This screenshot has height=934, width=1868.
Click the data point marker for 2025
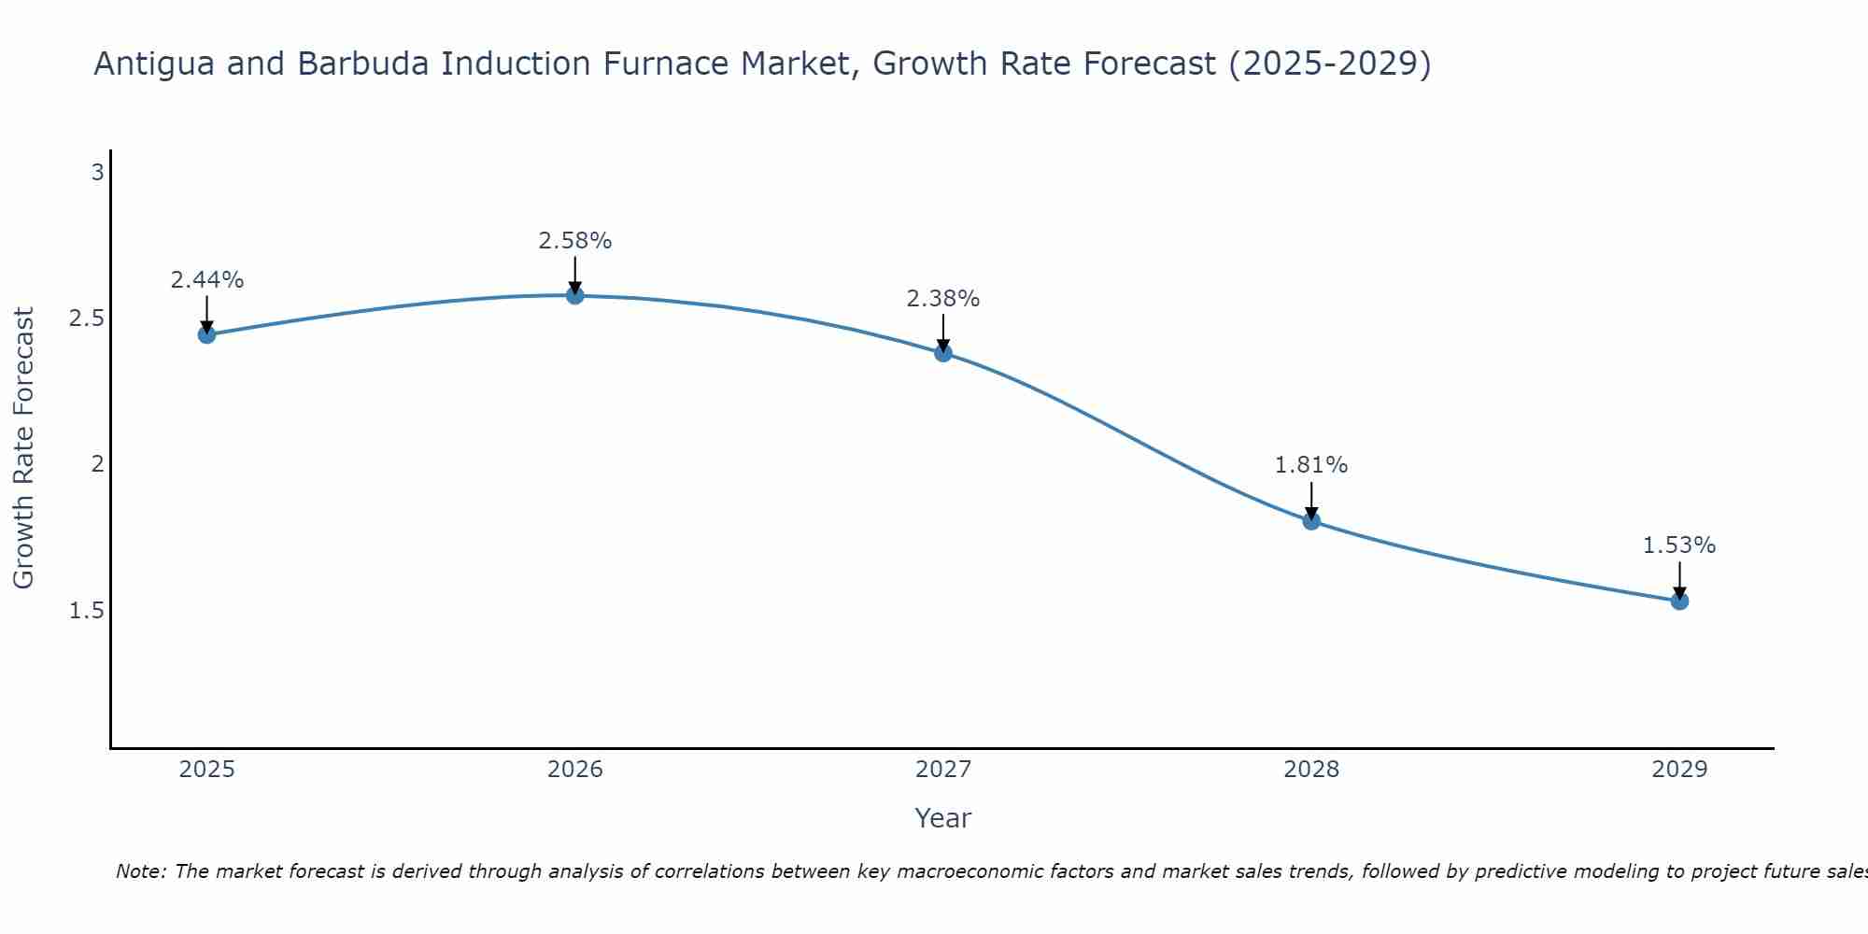click(x=206, y=334)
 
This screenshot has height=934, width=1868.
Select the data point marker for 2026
click(x=575, y=295)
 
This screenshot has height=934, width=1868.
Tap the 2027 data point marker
click(x=943, y=352)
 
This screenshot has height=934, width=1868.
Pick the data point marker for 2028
click(x=1311, y=521)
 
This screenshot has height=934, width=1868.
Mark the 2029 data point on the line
click(x=1679, y=601)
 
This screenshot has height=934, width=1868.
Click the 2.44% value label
click(x=206, y=280)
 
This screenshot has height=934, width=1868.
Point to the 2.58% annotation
click(x=575, y=241)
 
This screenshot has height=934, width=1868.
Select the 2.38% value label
click(x=943, y=299)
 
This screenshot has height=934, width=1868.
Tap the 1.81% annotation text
click(x=1311, y=465)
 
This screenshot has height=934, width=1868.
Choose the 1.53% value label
click(x=1679, y=545)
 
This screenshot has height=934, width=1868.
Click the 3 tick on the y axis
click(x=97, y=173)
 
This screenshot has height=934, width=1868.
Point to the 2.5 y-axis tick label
click(x=87, y=318)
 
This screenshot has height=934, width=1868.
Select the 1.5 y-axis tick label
click(x=87, y=611)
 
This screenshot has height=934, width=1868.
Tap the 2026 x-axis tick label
click(x=575, y=770)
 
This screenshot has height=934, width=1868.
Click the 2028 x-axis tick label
click(x=1311, y=770)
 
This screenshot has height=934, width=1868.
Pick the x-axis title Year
click(x=943, y=818)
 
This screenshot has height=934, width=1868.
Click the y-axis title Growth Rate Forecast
click(x=23, y=448)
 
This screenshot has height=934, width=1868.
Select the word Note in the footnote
click(x=140, y=871)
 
